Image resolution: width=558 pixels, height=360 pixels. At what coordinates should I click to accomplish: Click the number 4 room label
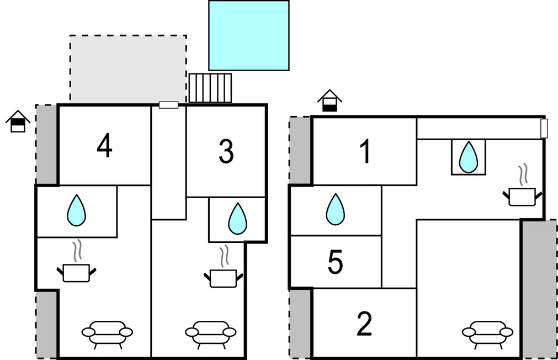coord(104,146)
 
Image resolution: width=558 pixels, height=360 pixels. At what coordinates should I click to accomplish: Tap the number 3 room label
coord(226,152)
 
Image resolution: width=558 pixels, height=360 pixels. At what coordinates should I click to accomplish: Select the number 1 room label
coord(365,152)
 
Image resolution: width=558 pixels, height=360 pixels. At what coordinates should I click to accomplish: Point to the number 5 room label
coord(336,263)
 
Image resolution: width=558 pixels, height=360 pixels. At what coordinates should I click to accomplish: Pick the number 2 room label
coord(364,324)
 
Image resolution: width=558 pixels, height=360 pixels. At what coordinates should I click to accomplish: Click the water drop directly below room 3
coord(238,219)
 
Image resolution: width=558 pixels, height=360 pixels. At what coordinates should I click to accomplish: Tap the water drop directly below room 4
coord(76,211)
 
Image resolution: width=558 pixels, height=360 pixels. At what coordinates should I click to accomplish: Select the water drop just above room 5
coord(335,210)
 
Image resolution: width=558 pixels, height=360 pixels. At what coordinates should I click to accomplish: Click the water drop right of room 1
coord(469,157)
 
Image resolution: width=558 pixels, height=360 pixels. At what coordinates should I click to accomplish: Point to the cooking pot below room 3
coord(224,274)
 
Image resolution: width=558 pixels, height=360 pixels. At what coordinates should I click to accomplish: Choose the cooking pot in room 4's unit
coord(76,269)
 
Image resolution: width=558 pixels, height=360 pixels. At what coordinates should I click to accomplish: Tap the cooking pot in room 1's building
coord(522,193)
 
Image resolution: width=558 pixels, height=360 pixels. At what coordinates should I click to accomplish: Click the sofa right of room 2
coord(487,332)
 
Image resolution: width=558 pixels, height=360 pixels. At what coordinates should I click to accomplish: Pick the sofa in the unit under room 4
coord(107,332)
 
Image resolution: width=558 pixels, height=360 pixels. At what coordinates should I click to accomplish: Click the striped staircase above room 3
coord(210,88)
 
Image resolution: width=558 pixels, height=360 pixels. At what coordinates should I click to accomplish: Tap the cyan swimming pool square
coord(248,35)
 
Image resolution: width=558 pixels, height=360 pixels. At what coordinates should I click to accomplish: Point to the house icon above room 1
coord(330,101)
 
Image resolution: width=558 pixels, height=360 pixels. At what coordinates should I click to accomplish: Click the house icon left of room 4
coord(18,121)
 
